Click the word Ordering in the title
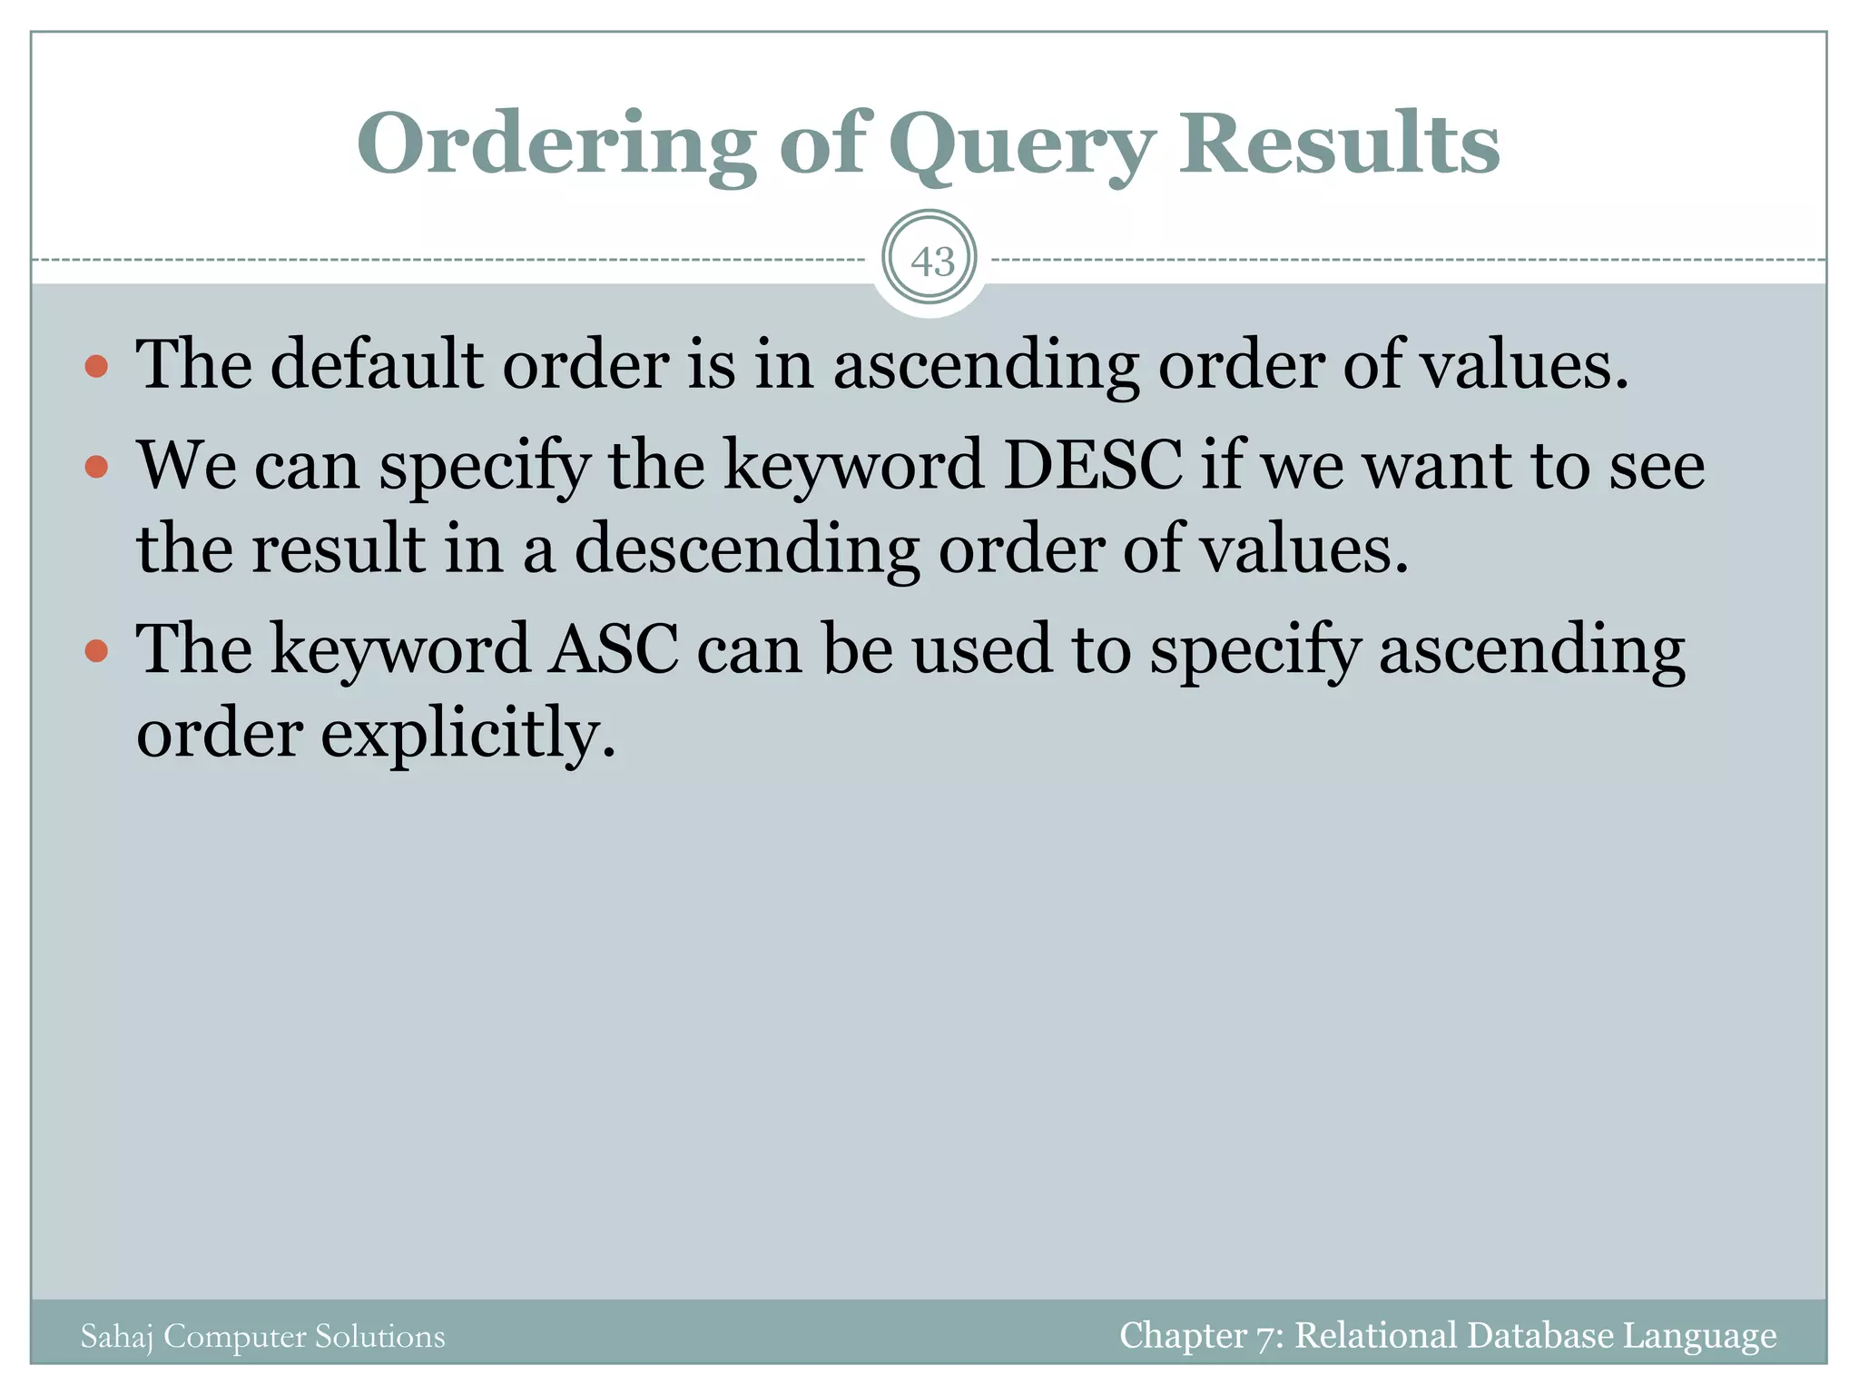[x=556, y=145]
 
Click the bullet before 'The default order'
[x=96, y=367]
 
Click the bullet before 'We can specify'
[x=96, y=467]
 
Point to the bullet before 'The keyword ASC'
[x=96, y=651]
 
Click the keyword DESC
[x=1093, y=465]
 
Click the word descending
[x=747, y=550]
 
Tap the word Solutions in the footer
[x=380, y=1336]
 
